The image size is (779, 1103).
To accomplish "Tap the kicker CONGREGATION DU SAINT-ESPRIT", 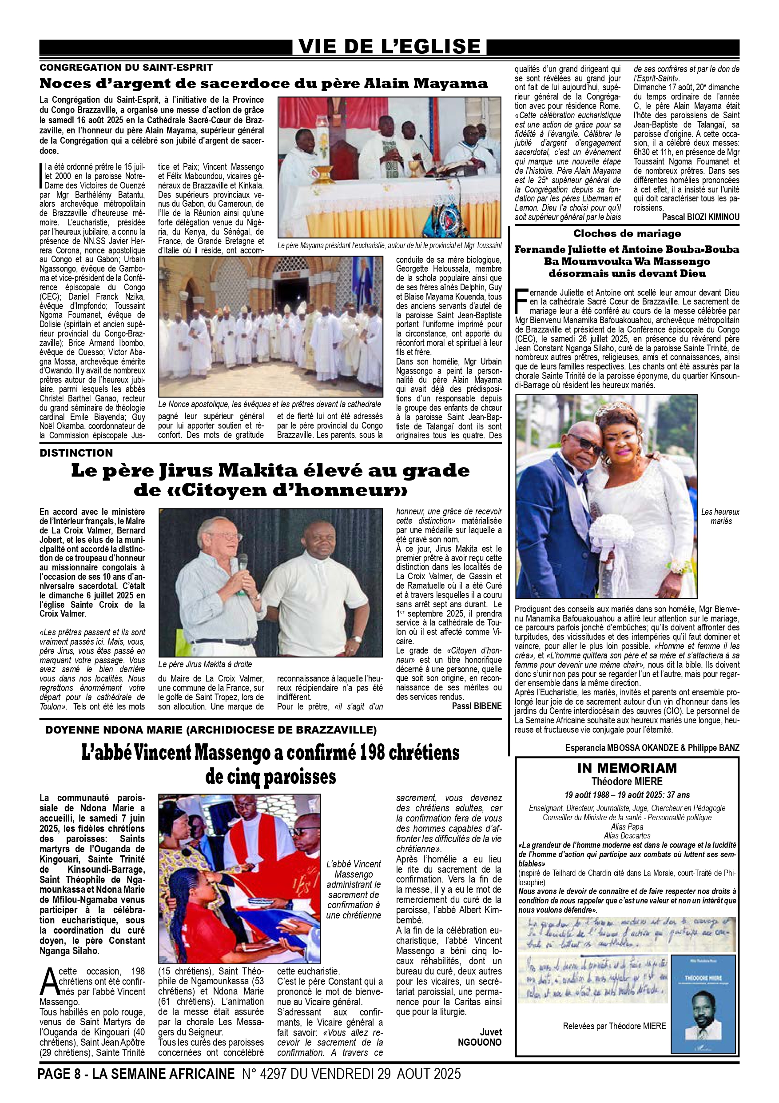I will pos(126,68).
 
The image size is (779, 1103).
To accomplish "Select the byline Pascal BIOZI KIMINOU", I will pos(700,217).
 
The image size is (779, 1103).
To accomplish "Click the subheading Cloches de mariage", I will pos(627,234).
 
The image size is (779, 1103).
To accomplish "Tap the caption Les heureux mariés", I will pos(720,517).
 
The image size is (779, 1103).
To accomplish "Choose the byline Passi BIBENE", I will pos(477,706).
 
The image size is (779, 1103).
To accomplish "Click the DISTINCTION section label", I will pos(76,453).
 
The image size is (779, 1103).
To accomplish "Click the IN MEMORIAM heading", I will pos(627,768).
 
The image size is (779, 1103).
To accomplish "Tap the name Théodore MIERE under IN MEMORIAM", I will pos(627,782).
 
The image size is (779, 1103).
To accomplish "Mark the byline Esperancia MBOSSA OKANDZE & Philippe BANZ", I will pos(652,748).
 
